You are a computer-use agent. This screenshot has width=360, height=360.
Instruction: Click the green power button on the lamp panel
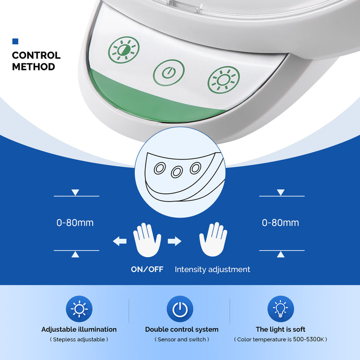pos(169,73)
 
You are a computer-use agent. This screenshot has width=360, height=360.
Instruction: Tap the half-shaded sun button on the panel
pos(124,49)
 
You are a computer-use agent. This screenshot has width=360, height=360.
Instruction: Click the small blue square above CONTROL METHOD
pos(15,41)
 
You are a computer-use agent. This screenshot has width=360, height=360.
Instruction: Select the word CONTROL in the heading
pos(37,56)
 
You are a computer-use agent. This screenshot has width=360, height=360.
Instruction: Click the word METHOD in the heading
pos(33,67)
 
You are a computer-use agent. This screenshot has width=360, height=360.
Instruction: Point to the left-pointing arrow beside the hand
pos(120,241)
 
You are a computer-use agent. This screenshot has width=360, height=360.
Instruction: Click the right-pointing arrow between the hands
pos(174,241)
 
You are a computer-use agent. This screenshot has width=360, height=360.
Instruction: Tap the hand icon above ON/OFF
pos(147,240)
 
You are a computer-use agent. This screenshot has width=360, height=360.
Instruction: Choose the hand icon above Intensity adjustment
pos(213,239)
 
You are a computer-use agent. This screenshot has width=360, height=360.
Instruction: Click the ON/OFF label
pos(147,269)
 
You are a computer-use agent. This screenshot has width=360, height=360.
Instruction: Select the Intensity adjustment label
pos(212,269)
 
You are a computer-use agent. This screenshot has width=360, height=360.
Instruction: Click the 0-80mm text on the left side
pos(75,223)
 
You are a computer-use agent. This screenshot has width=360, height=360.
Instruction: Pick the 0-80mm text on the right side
pos(280,223)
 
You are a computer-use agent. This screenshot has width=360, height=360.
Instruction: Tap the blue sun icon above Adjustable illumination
pos(79,309)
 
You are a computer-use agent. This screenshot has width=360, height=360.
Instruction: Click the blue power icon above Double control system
pos(180,309)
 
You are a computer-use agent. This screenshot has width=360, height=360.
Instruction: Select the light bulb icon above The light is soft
pos(281,309)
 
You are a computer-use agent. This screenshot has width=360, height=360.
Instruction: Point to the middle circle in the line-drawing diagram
pos(177,172)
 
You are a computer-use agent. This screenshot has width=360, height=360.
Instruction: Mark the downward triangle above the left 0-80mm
pos(75,192)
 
